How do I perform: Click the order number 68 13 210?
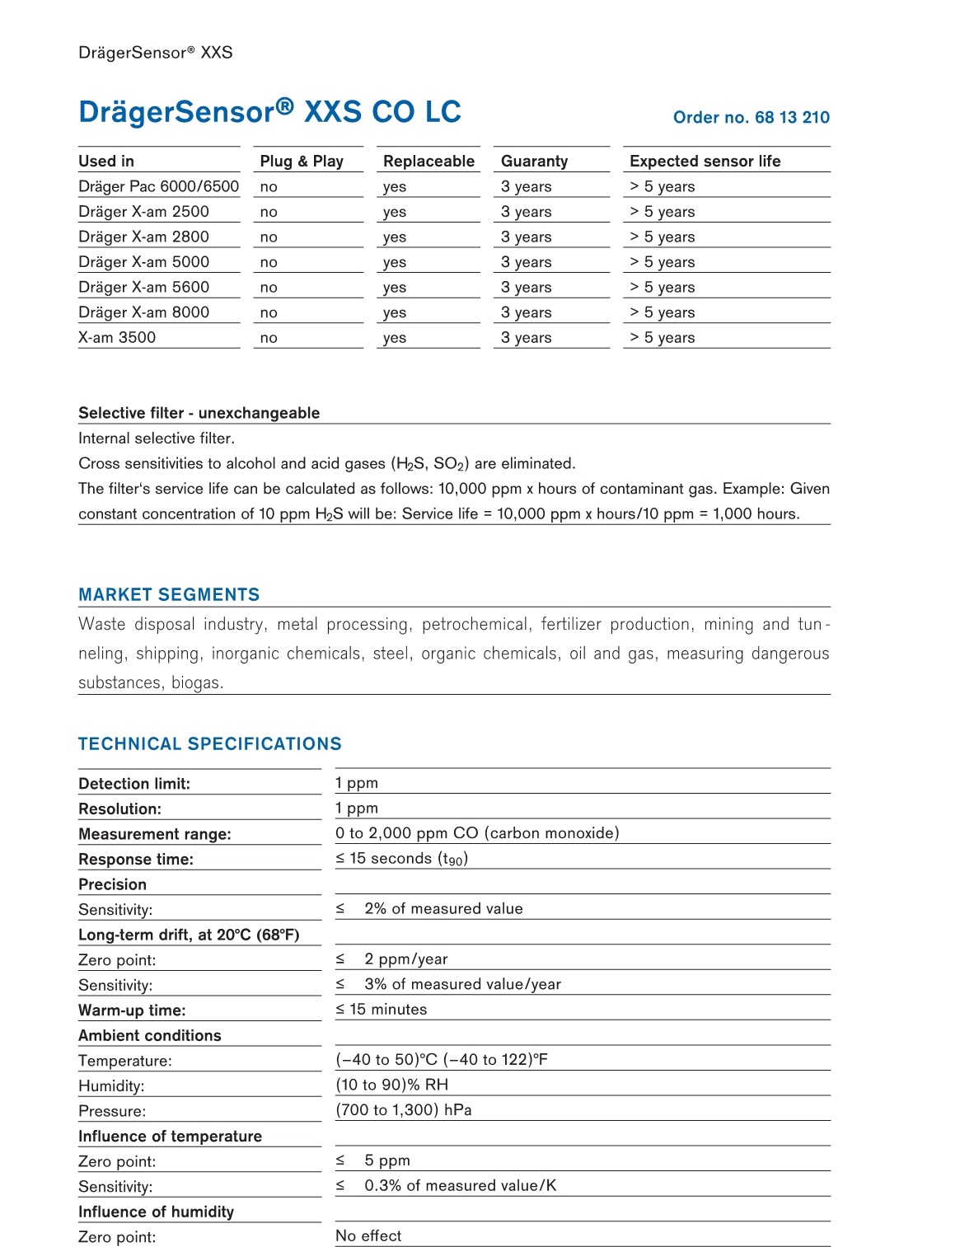(751, 117)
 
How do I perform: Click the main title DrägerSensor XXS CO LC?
(269, 111)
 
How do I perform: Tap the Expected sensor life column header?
(705, 161)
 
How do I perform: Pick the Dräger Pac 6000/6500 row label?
(158, 186)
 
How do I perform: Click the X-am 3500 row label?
(117, 337)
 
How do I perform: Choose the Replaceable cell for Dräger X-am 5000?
(395, 262)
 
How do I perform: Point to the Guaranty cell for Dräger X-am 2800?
(526, 237)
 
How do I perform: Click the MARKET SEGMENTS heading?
(169, 594)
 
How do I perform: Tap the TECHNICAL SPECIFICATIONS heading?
(209, 743)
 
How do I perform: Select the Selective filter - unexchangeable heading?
(199, 413)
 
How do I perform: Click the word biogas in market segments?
(197, 682)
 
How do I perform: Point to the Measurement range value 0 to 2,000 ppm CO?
(476, 832)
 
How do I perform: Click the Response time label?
(136, 859)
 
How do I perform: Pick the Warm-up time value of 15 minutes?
(381, 1009)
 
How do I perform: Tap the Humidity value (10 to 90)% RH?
(391, 1085)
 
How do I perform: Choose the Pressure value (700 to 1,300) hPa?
(403, 1109)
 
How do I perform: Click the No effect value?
(368, 1235)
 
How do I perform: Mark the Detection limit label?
(134, 784)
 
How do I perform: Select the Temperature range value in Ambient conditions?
(441, 1059)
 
